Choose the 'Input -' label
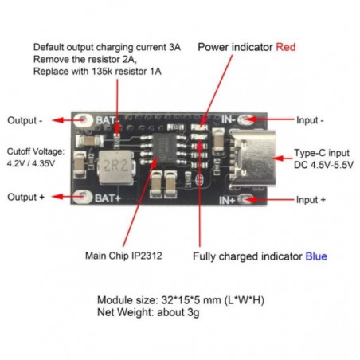310,121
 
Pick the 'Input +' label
310,199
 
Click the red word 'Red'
285,47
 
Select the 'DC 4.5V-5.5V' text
322,165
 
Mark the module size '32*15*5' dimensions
181,299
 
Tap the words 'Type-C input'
321,151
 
